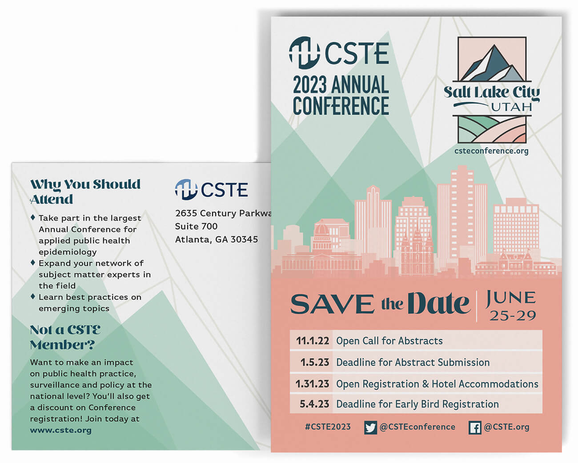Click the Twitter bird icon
click(x=370, y=427)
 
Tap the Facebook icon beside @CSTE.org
click(x=475, y=427)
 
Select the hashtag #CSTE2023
click(x=328, y=427)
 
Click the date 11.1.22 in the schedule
click(x=313, y=341)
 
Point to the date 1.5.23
click(x=315, y=362)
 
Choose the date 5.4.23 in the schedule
click(x=314, y=404)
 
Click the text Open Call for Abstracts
click(x=389, y=341)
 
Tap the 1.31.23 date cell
click(x=312, y=384)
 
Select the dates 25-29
click(x=513, y=316)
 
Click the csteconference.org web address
click(x=491, y=151)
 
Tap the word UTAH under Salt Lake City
click(x=511, y=107)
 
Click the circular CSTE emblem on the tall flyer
click(x=304, y=53)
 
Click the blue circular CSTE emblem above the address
click(x=186, y=189)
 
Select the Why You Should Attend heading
click(x=85, y=192)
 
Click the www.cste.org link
click(x=61, y=430)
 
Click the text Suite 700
click(x=196, y=226)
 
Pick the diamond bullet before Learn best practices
click(x=33, y=296)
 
